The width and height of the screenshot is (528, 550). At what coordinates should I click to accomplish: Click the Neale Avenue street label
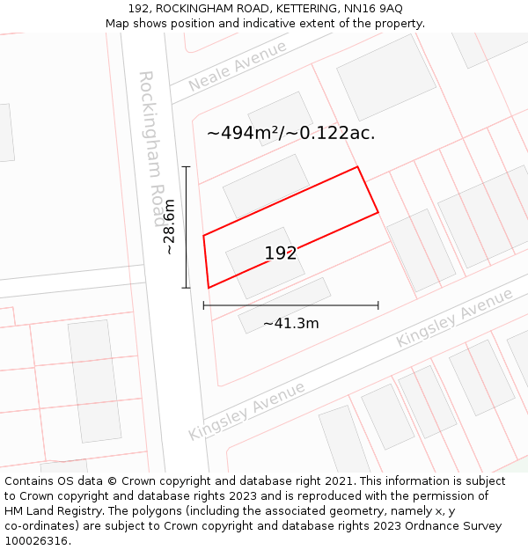238,66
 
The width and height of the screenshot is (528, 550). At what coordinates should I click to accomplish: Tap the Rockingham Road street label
151,136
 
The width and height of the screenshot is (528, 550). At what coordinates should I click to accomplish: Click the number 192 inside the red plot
281,253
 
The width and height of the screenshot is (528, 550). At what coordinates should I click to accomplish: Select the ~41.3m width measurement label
290,323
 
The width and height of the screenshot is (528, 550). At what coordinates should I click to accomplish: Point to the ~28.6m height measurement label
169,227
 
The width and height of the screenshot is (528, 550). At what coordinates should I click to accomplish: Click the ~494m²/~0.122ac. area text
290,133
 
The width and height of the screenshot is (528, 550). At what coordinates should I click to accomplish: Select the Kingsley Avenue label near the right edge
454,317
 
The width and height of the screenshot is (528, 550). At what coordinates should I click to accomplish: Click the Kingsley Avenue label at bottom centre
246,411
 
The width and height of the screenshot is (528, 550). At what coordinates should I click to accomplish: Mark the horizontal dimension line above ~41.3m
290,305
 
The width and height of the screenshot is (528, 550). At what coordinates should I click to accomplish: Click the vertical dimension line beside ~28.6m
187,227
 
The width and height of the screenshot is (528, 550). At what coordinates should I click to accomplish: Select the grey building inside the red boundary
265,261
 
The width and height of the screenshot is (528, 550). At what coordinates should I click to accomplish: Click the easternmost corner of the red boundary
378,212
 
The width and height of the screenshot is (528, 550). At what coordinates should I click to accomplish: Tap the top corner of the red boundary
357,166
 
